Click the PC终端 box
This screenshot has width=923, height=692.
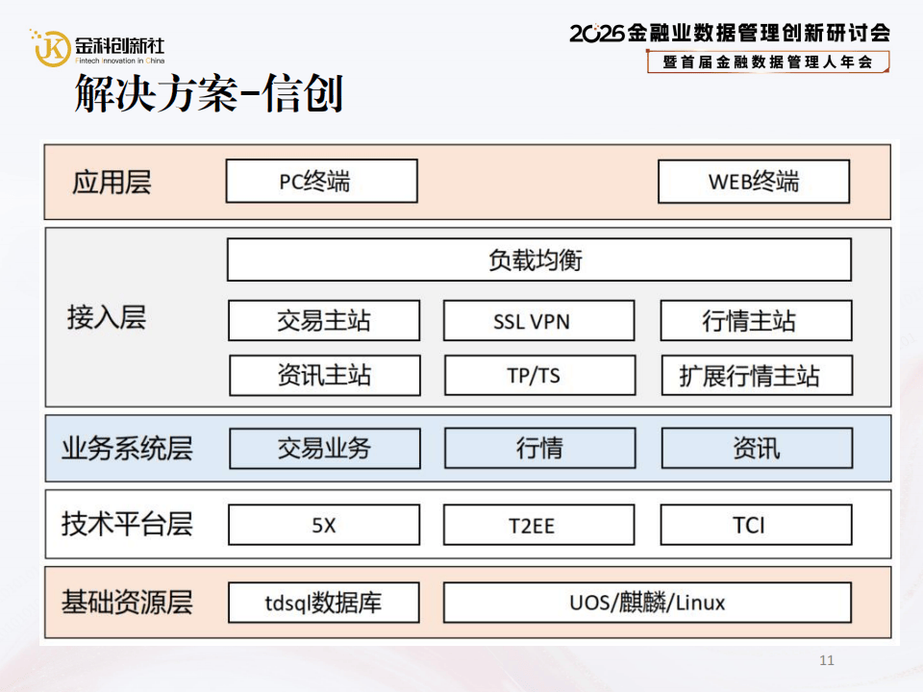321,181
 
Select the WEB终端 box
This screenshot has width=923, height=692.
754,181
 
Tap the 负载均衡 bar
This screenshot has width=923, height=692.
538,259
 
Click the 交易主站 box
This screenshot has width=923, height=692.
324,320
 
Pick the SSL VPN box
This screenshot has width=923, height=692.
538,320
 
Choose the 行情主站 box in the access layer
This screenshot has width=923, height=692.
756,320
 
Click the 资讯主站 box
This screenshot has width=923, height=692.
324,375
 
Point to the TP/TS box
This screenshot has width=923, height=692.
538,375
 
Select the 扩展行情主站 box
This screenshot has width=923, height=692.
756,375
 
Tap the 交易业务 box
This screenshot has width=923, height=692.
324,448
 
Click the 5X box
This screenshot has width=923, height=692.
324,525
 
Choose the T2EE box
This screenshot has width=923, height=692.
538,525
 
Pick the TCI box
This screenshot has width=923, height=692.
756,525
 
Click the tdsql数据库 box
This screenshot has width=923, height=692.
324,603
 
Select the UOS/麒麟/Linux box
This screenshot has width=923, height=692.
647,603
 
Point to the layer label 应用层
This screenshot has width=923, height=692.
112,182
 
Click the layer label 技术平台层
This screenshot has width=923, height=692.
127,524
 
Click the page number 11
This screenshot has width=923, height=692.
827,660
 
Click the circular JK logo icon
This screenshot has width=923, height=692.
52,47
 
